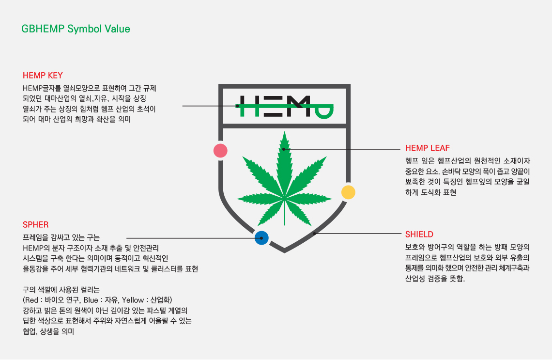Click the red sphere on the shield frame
tap(220, 151)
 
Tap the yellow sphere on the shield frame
tap(348, 192)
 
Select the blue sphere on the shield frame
tap(261, 238)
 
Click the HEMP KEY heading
tap(43, 76)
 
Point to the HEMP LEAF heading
tap(428, 148)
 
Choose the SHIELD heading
tap(419, 234)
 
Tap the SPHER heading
tap(35, 225)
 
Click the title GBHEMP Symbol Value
tap(76, 29)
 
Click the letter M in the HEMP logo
tap(299, 106)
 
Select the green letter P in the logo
tap(324, 111)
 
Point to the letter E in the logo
tap(274, 106)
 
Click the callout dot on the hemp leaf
tap(284, 149)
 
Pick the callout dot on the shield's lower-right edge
tap(315, 233)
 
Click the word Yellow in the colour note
tap(133, 300)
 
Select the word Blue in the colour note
tap(91, 300)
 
